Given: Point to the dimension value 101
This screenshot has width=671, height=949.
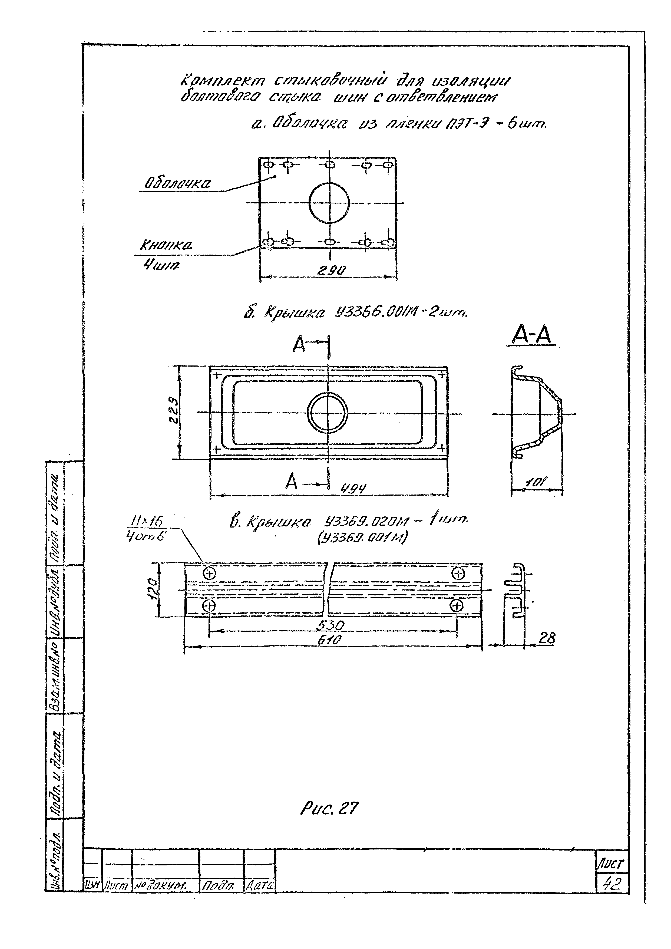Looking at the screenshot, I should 537,482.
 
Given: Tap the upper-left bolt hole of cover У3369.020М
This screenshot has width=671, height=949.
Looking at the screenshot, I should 210,573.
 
